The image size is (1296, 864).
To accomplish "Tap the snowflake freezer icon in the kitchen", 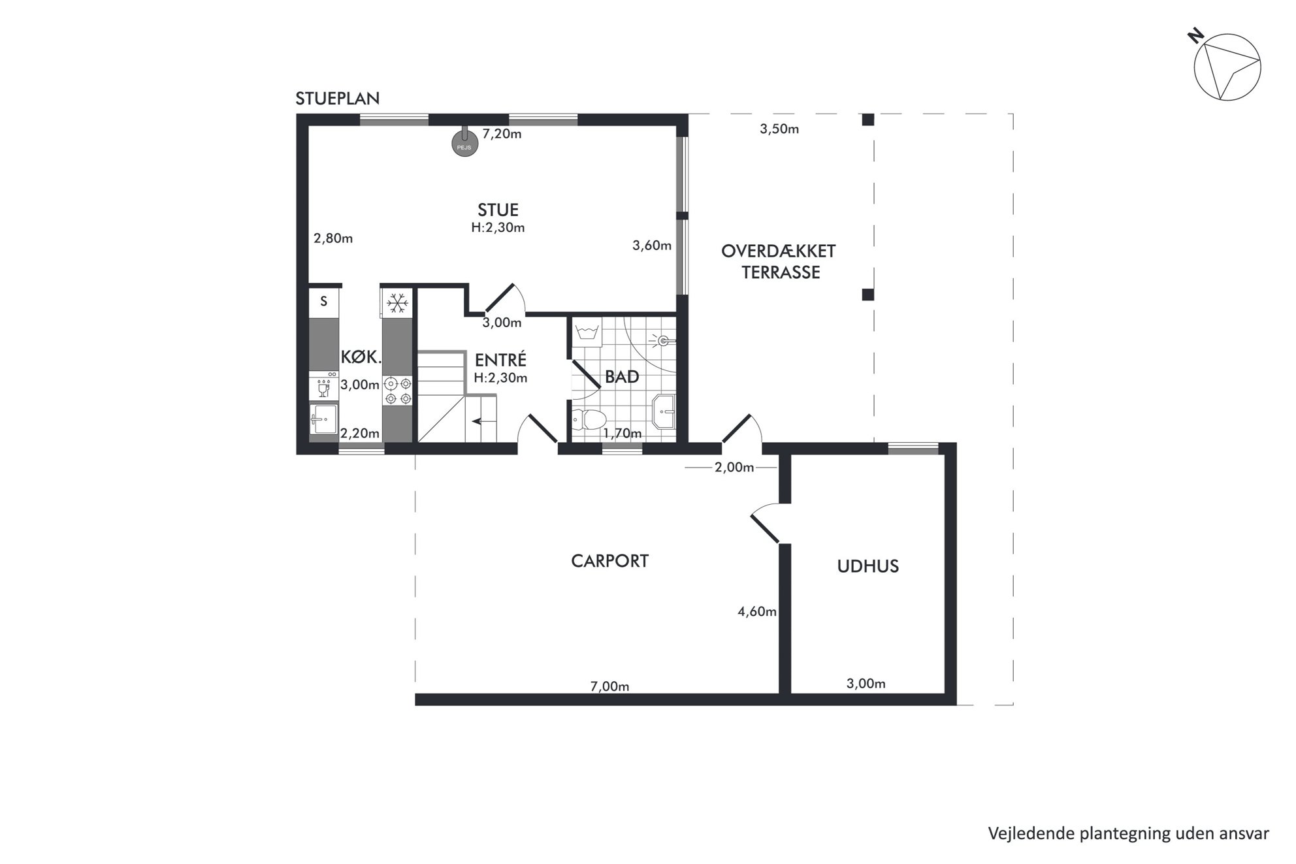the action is [x=397, y=303].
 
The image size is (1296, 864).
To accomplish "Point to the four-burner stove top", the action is [x=398, y=391].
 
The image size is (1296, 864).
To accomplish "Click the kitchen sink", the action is [x=324, y=419].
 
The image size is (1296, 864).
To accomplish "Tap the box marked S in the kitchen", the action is [x=324, y=302].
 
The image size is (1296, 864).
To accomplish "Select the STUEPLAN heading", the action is [x=337, y=99].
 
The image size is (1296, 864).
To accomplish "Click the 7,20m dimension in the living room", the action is [x=502, y=134].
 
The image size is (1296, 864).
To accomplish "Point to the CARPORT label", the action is [x=609, y=561].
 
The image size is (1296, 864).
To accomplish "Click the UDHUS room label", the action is [x=868, y=566].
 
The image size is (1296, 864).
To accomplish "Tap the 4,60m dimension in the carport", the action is [x=757, y=612].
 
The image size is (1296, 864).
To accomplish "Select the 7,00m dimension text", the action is [x=609, y=686].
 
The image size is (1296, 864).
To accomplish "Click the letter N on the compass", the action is [x=1196, y=36].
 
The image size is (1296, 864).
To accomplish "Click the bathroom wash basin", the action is [x=663, y=411].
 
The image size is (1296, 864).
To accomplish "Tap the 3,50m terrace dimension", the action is [x=779, y=129].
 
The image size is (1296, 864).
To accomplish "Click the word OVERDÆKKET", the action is [x=779, y=251].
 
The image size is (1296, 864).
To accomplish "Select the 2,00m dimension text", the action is [x=734, y=468].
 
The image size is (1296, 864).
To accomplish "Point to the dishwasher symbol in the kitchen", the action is [x=324, y=387].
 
